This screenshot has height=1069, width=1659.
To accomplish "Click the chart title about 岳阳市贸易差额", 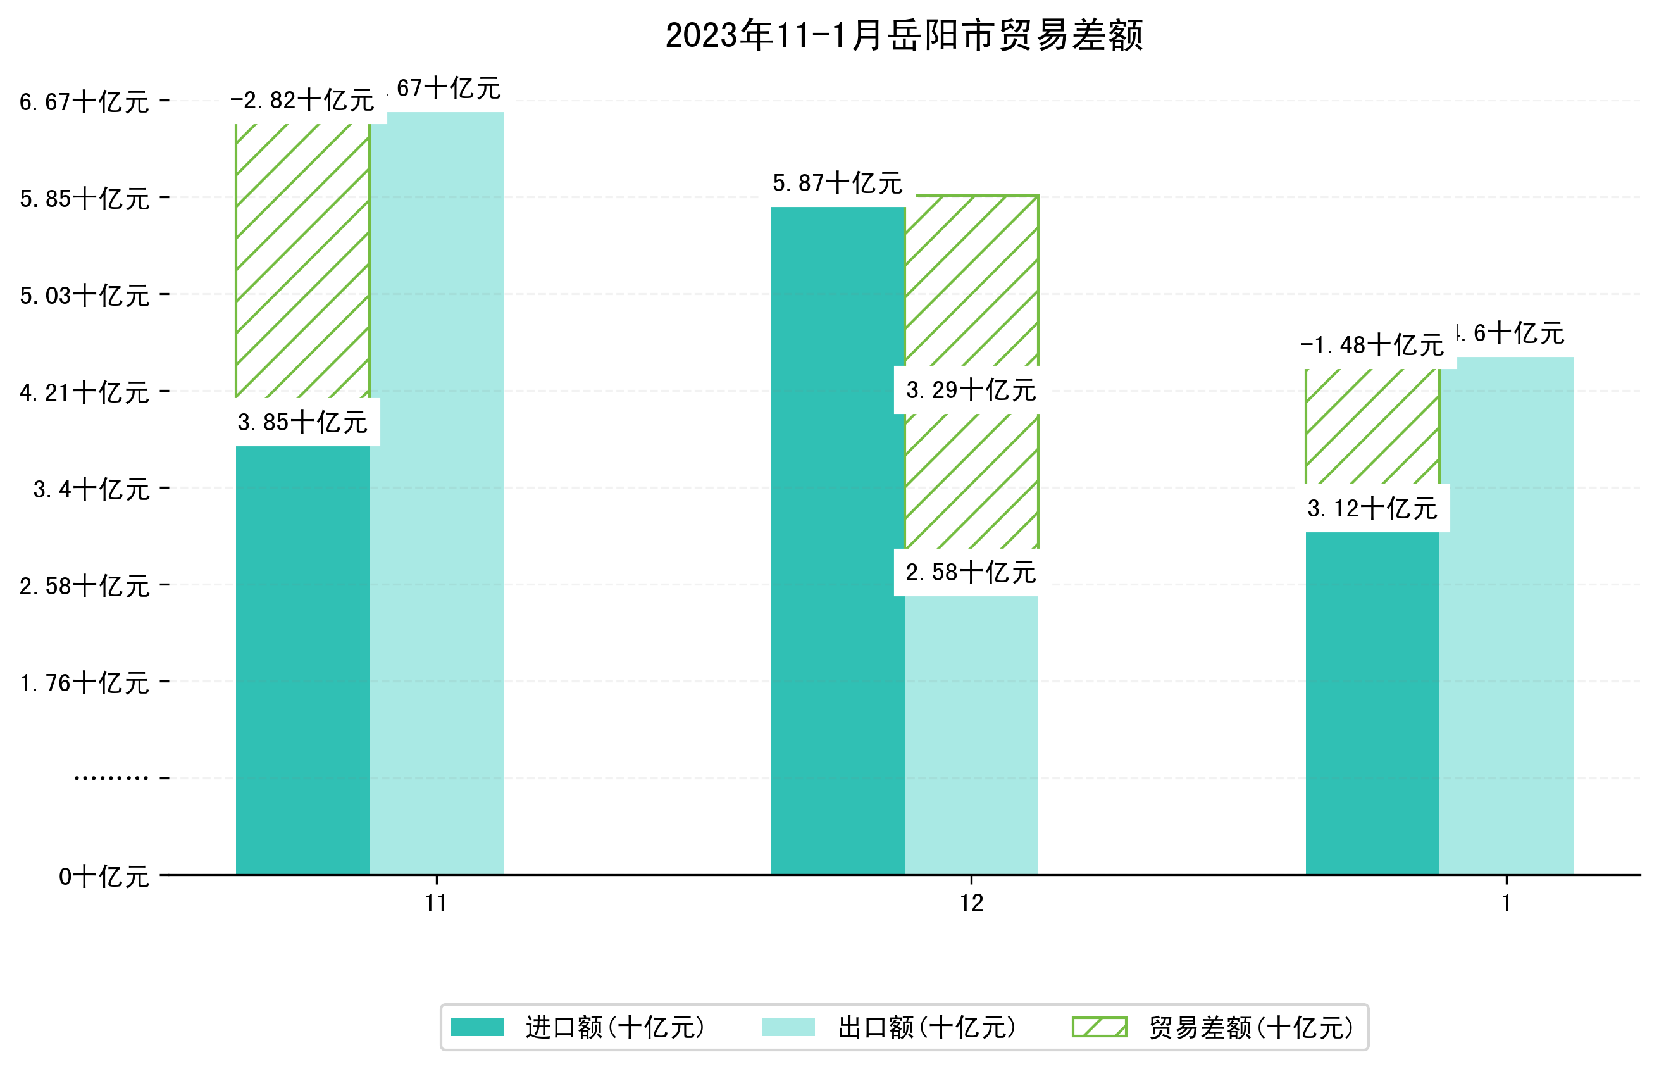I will (904, 35).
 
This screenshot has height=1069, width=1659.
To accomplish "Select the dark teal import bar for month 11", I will (302, 660).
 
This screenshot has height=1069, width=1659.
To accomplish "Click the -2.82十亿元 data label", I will (302, 101).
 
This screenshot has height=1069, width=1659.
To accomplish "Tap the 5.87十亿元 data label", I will (837, 184).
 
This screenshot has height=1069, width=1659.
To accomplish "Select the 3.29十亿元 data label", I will (971, 391).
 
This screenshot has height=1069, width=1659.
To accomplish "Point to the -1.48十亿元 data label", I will (1372, 346).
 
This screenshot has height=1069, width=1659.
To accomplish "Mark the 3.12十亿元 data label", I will (1372, 509).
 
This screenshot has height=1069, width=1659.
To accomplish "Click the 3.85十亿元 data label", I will (302, 423).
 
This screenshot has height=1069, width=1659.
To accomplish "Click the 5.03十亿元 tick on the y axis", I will (84, 296).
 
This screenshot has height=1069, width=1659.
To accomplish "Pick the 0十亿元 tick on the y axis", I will (103, 877).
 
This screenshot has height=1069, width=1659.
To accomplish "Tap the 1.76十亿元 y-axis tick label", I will (84, 683).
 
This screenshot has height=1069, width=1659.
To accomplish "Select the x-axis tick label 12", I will (971, 903).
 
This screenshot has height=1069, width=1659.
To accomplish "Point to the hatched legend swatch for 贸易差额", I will (1098, 1027).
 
